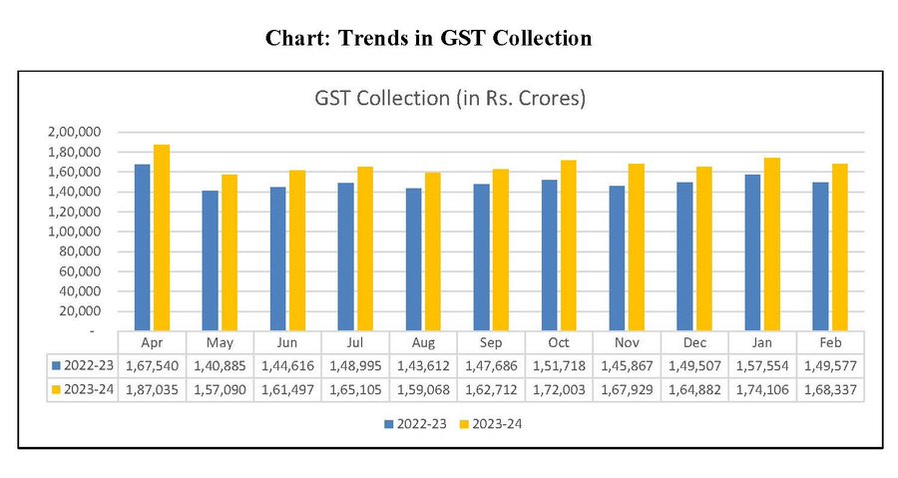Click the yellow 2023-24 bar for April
click(162, 238)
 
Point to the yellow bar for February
click(840, 246)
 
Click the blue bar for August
click(413, 258)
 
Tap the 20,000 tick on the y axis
click(81, 311)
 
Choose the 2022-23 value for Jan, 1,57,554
click(763, 364)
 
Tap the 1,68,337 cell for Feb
click(831, 388)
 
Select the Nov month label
click(628, 340)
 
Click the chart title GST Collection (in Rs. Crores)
click(449, 99)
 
